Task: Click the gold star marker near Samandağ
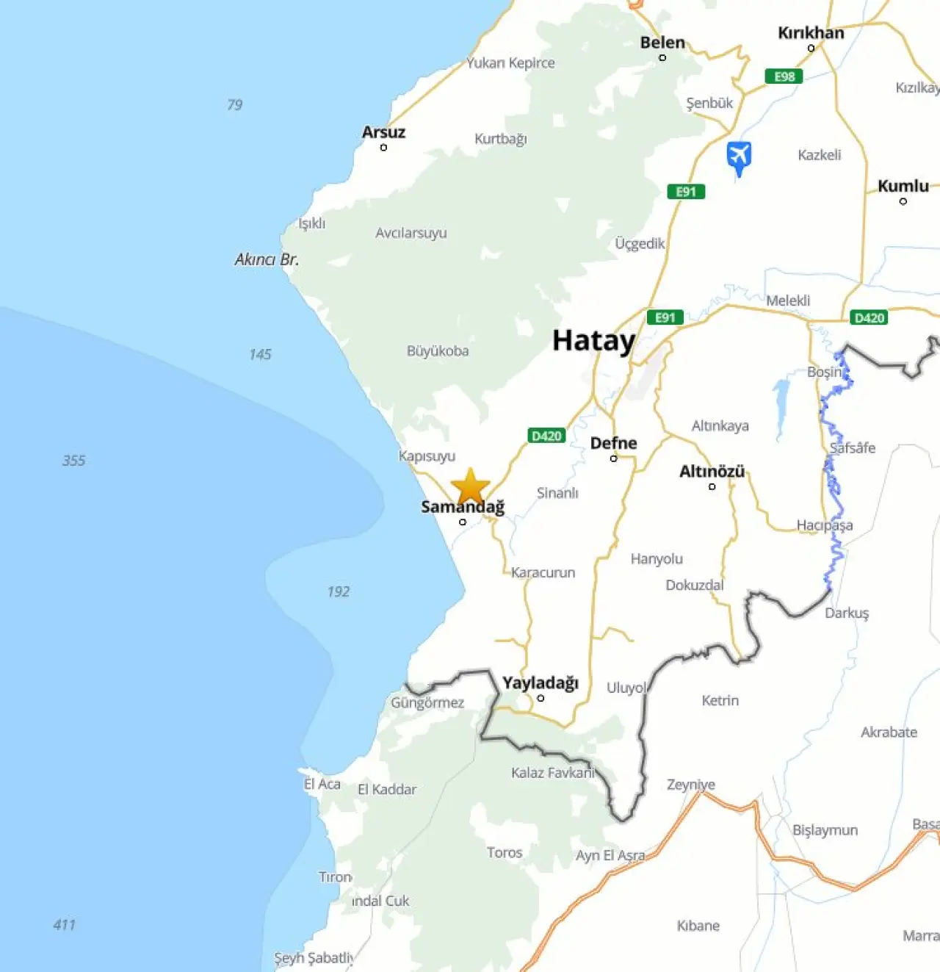470,487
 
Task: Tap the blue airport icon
739,156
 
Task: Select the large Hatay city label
593,341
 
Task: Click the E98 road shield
784,76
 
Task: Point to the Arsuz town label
383,132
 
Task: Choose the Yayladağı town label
540,683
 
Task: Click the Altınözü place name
712,472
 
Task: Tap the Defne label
613,443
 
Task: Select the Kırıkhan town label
811,33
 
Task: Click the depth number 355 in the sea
73,461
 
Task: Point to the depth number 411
64,925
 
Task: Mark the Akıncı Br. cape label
267,259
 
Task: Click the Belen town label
662,43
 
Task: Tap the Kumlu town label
903,186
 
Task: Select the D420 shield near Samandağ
546,436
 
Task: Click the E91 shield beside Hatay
665,317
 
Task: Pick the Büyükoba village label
438,351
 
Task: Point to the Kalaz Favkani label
552,773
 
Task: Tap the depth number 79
234,104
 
